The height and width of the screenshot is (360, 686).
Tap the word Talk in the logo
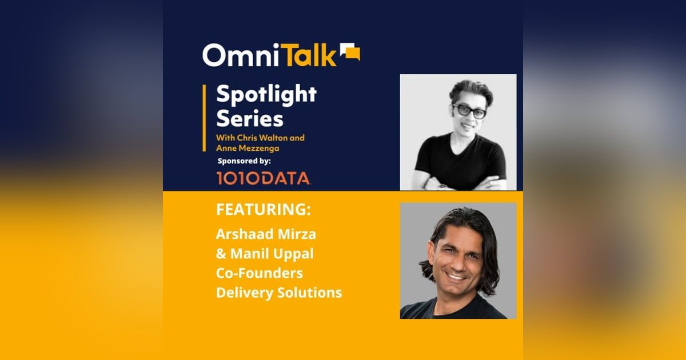click(311, 55)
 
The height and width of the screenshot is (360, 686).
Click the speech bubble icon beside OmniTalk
click(350, 52)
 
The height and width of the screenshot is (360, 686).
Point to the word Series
click(249, 119)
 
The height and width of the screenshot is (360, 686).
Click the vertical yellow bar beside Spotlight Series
click(205, 118)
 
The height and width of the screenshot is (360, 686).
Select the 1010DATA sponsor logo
click(263, 178)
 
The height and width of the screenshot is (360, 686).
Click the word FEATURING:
click(264, 210)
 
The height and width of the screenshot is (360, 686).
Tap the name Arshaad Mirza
click(266, 234)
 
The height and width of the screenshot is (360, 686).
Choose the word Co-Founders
click(259, 273)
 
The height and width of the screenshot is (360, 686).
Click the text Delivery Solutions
click(278, 293)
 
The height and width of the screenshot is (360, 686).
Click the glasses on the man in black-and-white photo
click(469, 110)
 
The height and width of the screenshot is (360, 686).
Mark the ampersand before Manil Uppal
click(221, 254)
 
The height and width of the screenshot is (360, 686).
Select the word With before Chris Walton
click(224, 137)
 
